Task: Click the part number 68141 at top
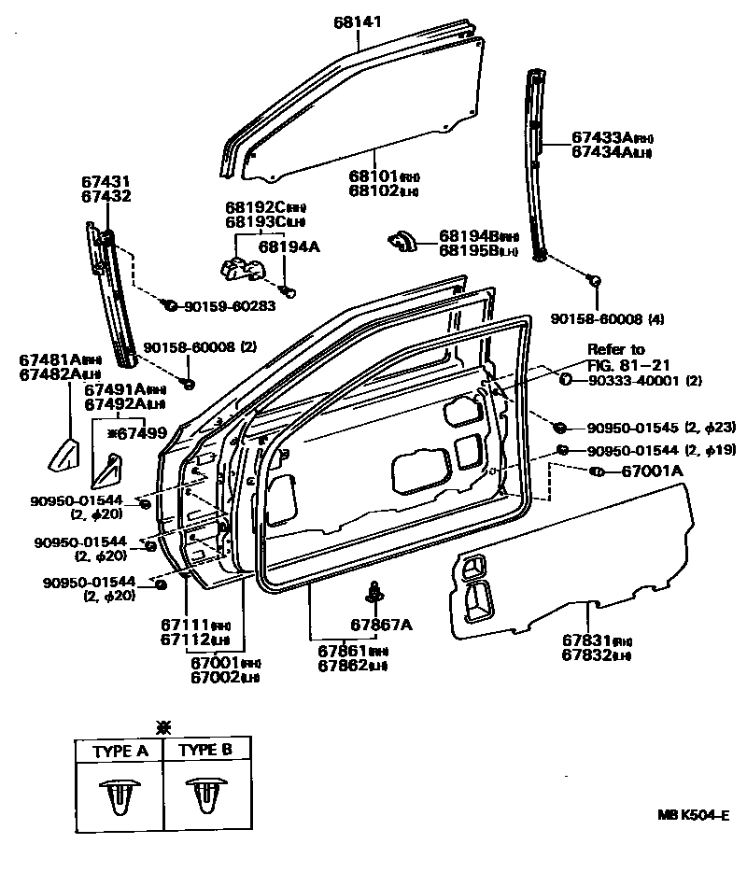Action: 358,21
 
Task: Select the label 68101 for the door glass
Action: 373,176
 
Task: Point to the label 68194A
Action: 289,246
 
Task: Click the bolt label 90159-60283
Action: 229,305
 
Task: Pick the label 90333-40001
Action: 634,381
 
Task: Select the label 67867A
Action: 381,625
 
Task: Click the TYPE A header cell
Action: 119,750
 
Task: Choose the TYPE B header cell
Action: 205,750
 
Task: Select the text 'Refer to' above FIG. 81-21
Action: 615,349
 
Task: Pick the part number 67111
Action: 183,625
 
